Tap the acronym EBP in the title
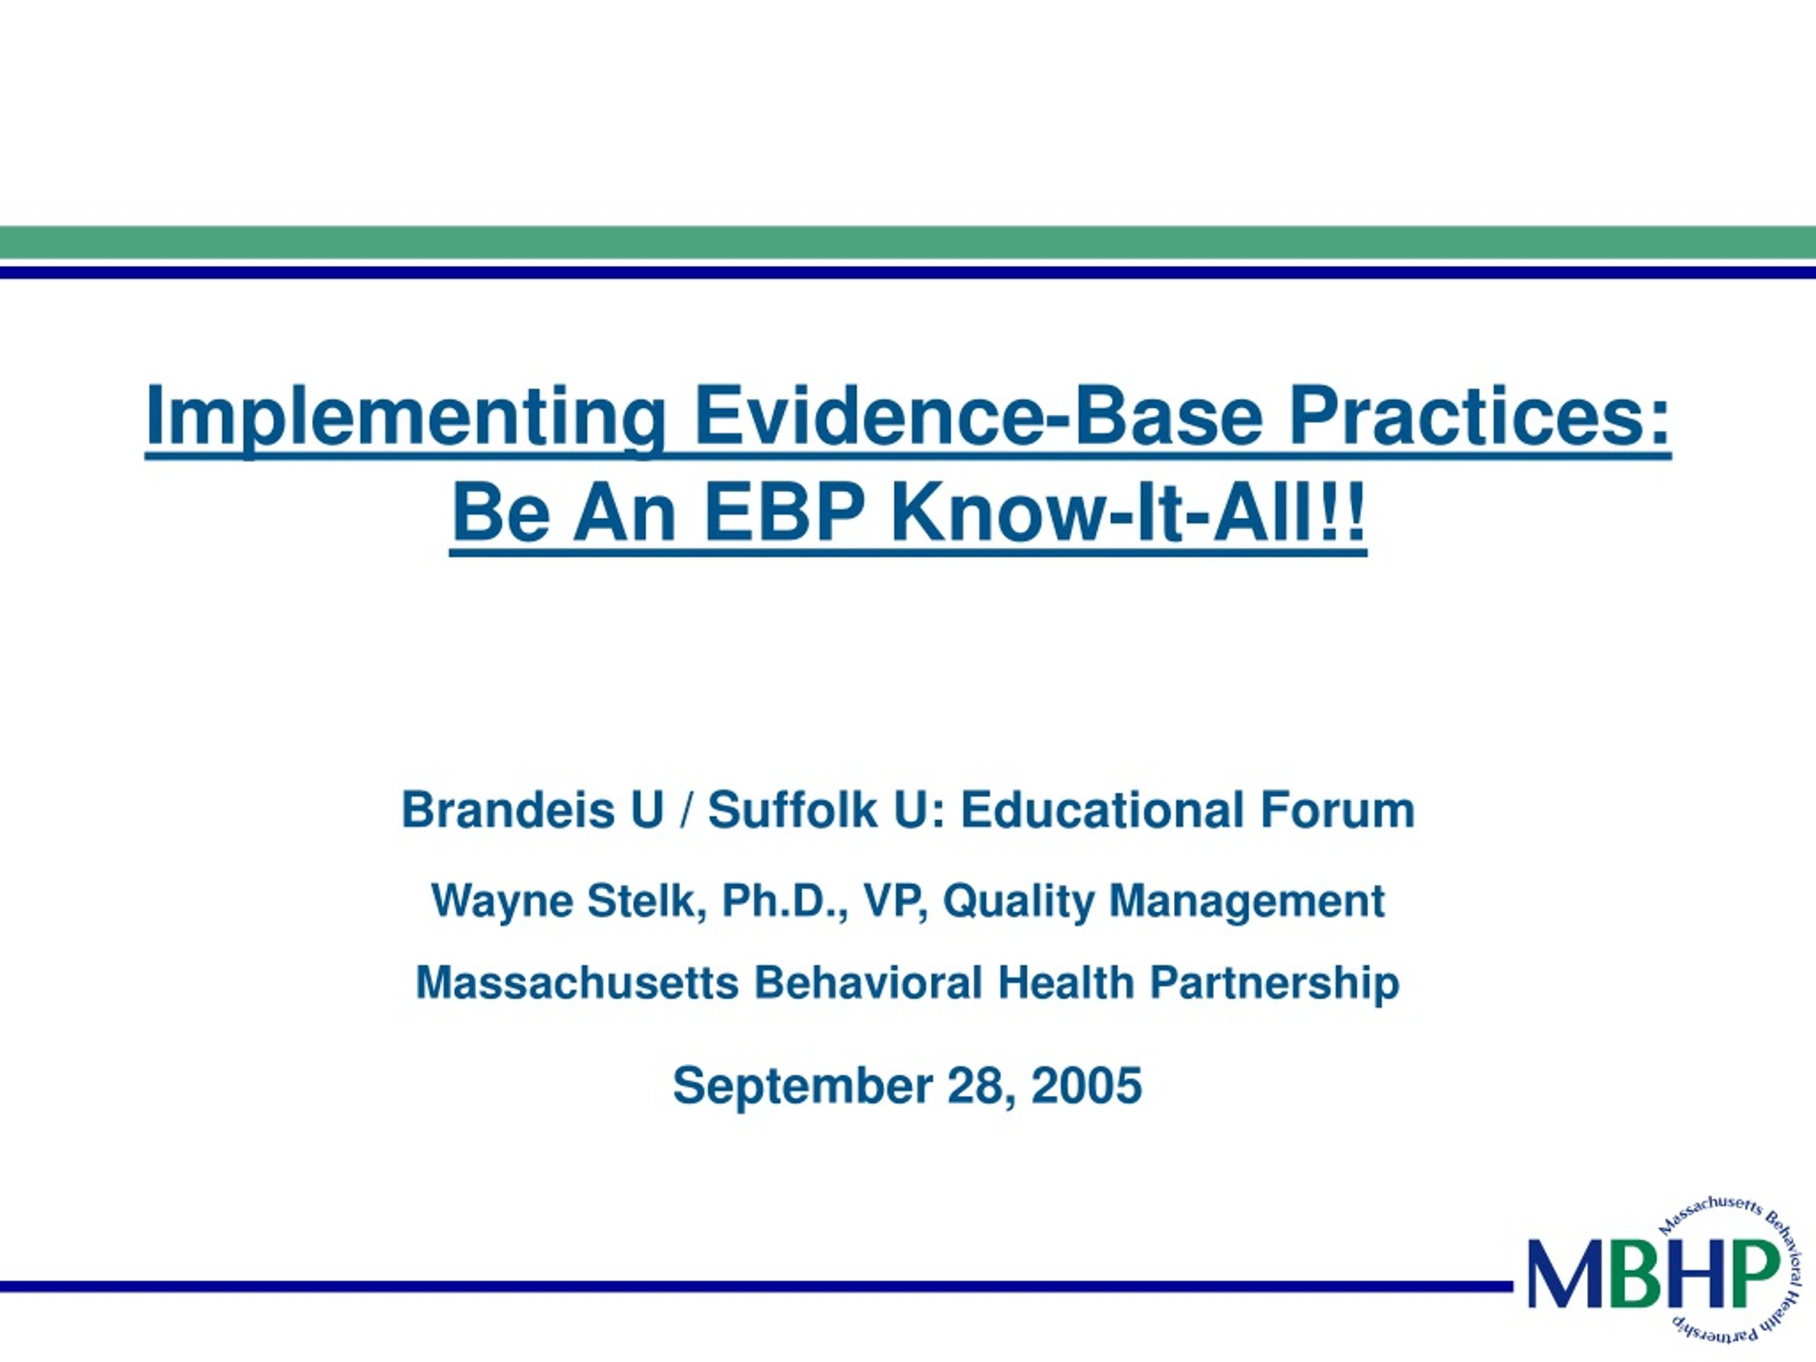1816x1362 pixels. click(784, 512)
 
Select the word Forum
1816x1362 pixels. click(1338, 809)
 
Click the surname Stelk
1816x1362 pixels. click(648, 901)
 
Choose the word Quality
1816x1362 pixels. click(1019, 902)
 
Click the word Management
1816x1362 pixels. click(1247, 902)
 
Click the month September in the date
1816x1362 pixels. click(802, 1087)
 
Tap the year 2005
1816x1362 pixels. click(1086, 1085)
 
